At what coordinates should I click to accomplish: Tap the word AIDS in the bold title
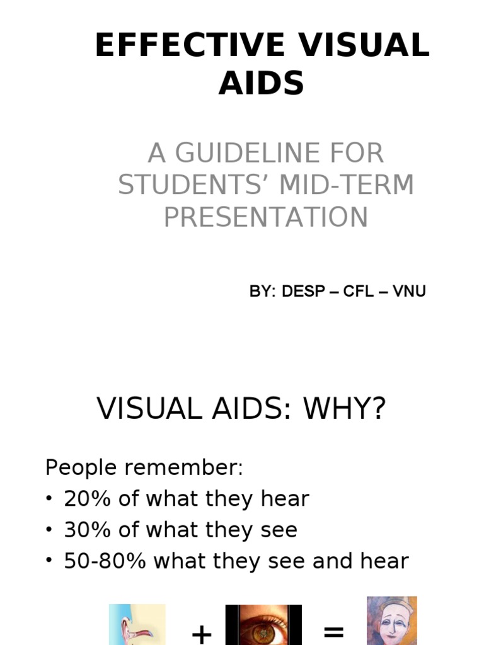(262, 83)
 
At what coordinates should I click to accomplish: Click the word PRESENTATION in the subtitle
(266, 217)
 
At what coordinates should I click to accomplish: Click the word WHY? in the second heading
(344, 409)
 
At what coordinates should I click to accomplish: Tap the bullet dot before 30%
(49, 530)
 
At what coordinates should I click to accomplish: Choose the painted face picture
(392, 620)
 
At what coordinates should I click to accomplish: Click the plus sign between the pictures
(201, 634)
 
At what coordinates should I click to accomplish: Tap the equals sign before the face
(334, 632)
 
